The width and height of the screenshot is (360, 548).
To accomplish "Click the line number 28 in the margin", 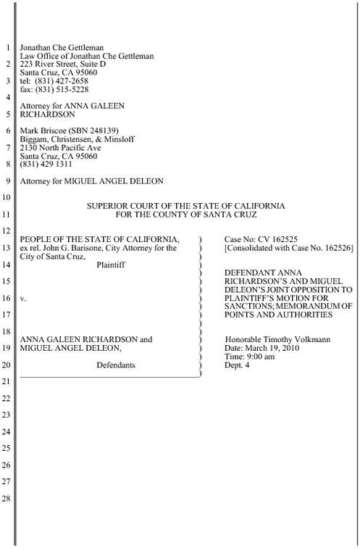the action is click(x=7, y=499).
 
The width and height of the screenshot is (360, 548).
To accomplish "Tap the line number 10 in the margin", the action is click(x=7, y=196).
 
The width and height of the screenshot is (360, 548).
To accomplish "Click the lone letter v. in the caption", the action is click(x=24, y=298).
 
